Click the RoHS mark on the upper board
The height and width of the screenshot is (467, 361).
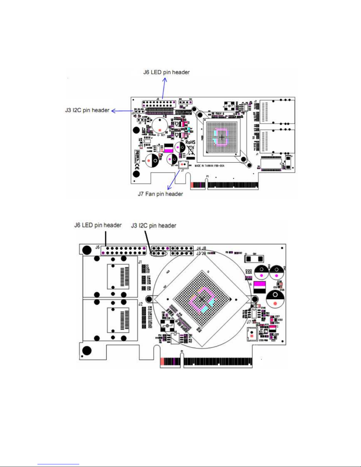[x=190, y=142]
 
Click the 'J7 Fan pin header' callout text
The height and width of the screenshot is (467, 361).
[x=160, y=194]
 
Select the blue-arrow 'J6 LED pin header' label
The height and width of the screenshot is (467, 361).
[x=167, y=72]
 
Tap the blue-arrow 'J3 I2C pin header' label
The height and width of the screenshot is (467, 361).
[x=87, y=110]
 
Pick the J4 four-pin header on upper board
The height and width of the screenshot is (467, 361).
[x=186, y=102]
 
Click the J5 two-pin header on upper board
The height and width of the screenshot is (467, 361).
[x=140, y=120]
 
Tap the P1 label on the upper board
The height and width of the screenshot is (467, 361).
[x=207, y=176]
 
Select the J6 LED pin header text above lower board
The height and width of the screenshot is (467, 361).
[x=98, y=225]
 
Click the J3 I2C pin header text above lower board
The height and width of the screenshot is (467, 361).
[x=154, y=226]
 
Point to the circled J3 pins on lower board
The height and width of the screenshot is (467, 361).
[x=159, y=253]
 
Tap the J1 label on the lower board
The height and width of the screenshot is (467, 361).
[x=140, y=262]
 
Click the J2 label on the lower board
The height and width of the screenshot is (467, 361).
[x=140, y=304]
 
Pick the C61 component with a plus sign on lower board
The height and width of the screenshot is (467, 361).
[x=254, y=258]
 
